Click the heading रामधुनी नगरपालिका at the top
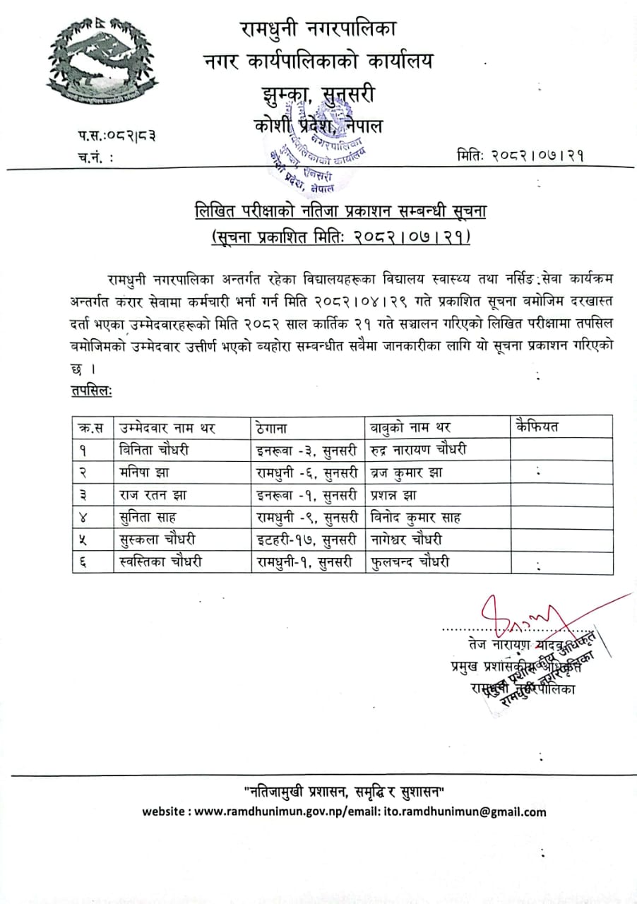(318, 30)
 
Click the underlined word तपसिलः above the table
(91, 391)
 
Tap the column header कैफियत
(537, 427)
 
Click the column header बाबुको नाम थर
(410, 427)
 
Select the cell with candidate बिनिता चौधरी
(155, 449)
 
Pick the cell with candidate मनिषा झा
(144, 472)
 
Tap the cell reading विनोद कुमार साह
(416, 518)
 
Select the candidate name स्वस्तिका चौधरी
(162, 563)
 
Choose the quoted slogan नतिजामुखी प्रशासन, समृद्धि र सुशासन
(343, 789)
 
